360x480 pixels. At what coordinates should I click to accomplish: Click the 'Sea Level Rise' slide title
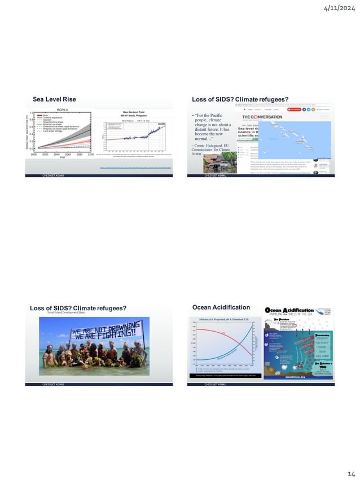pos(54,100)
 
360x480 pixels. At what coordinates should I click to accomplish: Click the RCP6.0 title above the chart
pos(63,111)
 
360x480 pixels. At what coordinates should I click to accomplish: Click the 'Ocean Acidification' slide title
pos(221,307)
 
